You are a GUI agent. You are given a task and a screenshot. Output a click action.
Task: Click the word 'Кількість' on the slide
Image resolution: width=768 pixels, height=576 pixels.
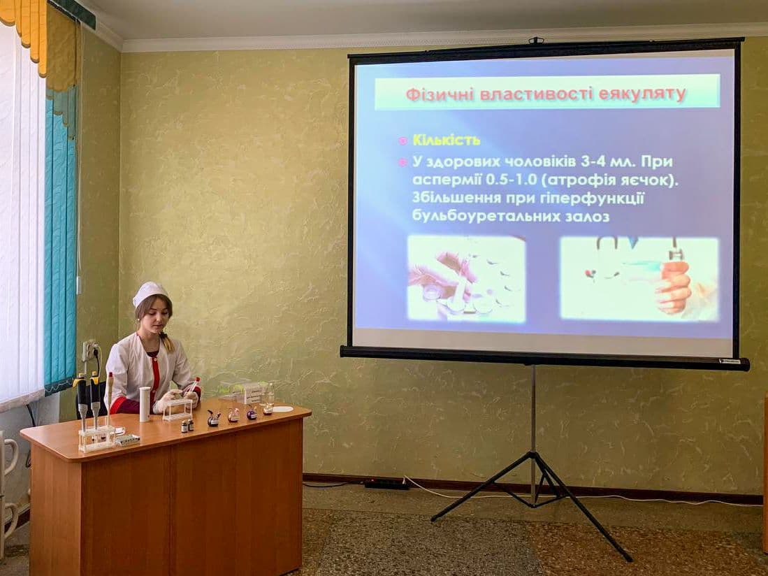pyautogui.click(x=447, y=141)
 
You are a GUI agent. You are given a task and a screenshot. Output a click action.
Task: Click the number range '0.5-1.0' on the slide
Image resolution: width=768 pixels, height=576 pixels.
pyautogui.click(x=512, y=180)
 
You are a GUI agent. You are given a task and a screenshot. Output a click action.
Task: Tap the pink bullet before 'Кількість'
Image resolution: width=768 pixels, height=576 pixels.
pyautogui.click(x=403, y=141)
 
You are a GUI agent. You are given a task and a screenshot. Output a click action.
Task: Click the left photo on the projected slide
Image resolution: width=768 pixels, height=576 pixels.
pyautogui.click(x=466, y=278)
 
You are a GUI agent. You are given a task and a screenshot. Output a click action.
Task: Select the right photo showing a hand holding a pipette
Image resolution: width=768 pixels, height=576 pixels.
pyautogui.click(x=639, y=278)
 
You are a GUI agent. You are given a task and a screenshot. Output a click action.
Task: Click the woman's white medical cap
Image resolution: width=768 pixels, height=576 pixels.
pyautogui.click(x=150, y=293)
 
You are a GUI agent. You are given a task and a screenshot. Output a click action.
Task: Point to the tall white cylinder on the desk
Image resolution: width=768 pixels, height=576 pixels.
pyautogui.click(x=145, y=404)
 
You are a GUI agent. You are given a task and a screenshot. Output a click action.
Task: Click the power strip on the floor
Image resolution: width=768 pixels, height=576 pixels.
pyautogui.click(x=387, y=484)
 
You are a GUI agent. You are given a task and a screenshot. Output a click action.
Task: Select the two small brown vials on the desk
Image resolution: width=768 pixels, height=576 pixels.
pyautogui.click(x=187, y=426)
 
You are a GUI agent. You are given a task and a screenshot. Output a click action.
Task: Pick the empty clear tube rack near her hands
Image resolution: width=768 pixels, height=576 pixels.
pyautogui.click(x=177, y=410)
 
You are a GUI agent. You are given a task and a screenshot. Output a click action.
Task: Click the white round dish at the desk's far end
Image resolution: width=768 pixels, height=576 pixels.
pyautogui.click(x=282, y=409)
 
